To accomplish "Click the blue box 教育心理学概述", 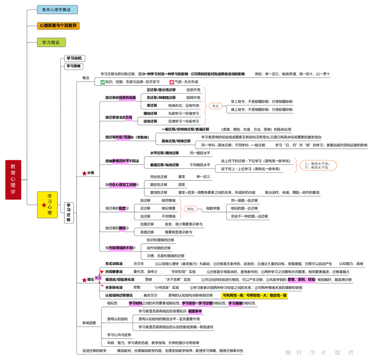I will [57, 9].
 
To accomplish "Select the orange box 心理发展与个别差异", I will [59, 26].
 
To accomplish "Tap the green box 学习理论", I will [52, 43].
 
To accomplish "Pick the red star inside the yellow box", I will [44, 205].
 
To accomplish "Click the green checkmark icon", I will [103, 82].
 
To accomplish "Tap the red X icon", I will [172, 82].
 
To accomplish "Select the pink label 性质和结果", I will [127, 98].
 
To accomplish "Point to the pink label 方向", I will [129, 118].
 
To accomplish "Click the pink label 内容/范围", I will [123, 138].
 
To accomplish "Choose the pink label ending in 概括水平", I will [121, 161].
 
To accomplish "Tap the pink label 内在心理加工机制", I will [123, 185].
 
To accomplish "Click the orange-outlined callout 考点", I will [215, 106].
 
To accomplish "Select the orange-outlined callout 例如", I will [190, 209].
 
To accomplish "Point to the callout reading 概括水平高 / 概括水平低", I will [318, 165].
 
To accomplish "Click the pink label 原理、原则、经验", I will [302, 280].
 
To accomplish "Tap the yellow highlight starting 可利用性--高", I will [254, 295].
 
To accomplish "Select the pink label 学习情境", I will [235, 303].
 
